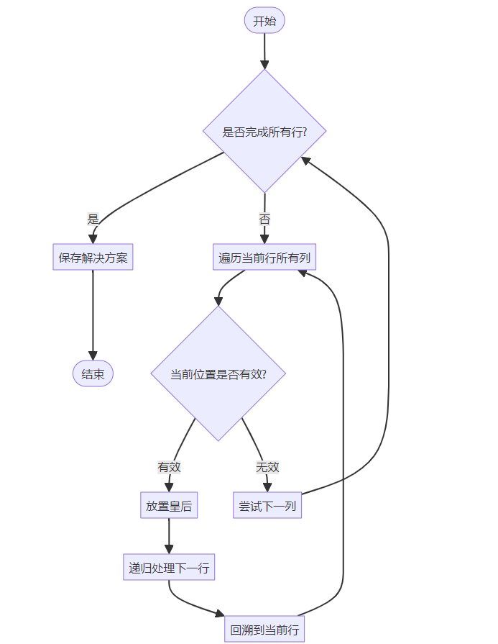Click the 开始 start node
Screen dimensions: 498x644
coord(264,21)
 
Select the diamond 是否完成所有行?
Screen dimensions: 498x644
coord(264,131)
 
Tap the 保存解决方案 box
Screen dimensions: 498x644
coord(93,257)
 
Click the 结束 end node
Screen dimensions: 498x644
coord(93,373)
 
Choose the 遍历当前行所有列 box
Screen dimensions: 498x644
coord(264,257)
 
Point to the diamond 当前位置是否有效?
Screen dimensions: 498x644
coord(218,373)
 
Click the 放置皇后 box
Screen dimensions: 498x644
coord(169,505)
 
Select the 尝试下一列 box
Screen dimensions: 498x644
coord(267,505)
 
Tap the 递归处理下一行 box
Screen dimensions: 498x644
coord(169,567)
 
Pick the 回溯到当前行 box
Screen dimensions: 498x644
coord(264,629)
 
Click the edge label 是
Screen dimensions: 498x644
coord(93,219)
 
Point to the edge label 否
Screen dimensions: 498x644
coord(264,219)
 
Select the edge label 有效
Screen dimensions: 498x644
coord(169,467)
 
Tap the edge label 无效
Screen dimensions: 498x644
coord(267,467)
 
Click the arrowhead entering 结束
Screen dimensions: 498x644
coord(93,356)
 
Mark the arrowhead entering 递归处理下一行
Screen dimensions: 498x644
coord(169,550)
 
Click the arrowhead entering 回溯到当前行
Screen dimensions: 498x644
coord(221,614)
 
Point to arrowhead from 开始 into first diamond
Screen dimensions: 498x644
coord(264,65)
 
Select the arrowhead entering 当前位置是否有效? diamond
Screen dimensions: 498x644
coord(218,301)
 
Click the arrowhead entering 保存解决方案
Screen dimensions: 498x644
coord(93,239)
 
